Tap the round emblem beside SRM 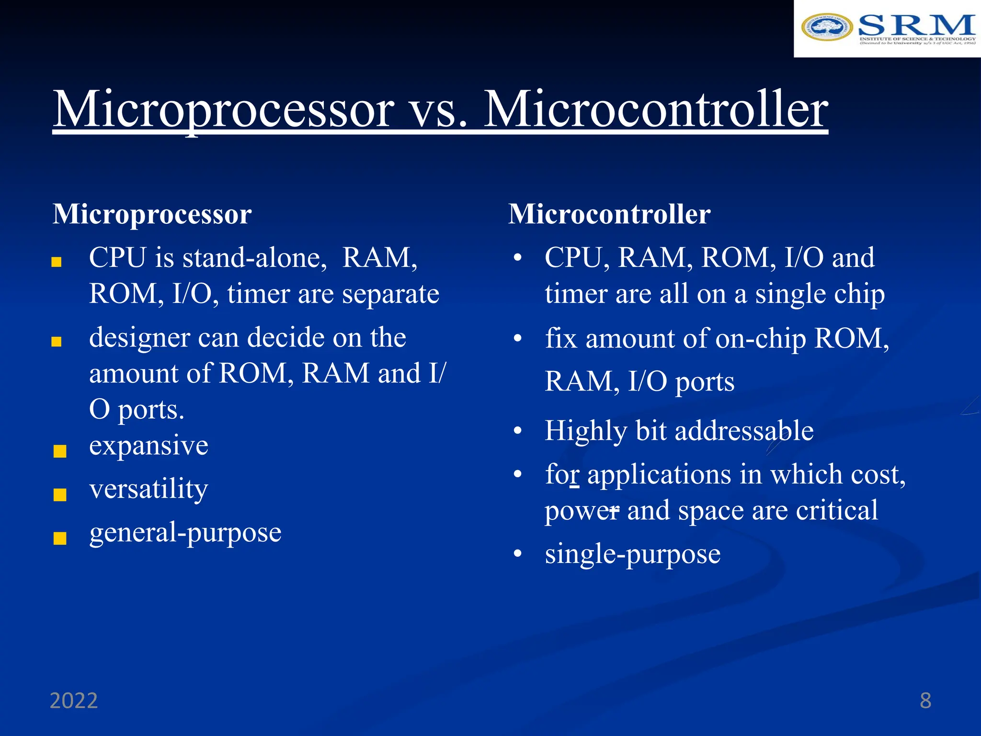[827, 27]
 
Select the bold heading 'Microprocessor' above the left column [152, 214]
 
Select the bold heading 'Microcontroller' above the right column [609, 214]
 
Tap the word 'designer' [139, 338]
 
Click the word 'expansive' [148, 446]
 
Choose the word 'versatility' [148, 489]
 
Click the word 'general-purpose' [185, 533]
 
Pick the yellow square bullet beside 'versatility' [60, 494]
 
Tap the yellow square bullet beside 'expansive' [60, 451]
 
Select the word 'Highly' [585, 431]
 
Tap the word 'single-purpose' [632, 555]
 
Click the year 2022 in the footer [74, 701]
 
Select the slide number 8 [925, 701]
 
